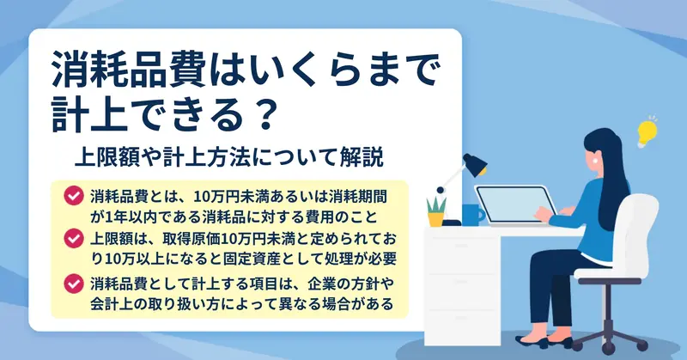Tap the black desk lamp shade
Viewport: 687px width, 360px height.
click(x=475, y=165)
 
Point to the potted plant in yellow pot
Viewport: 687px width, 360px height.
click(x=436, y=211)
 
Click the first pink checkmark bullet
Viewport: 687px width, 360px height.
click(x=74, y=196)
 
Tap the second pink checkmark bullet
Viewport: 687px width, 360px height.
click(x=74, y=239)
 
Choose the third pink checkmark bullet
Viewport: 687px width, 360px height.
click(x=74, y=284)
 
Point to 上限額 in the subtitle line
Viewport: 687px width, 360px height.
click(x=106, y=157)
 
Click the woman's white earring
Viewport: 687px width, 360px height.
click(x=596, y=161)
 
